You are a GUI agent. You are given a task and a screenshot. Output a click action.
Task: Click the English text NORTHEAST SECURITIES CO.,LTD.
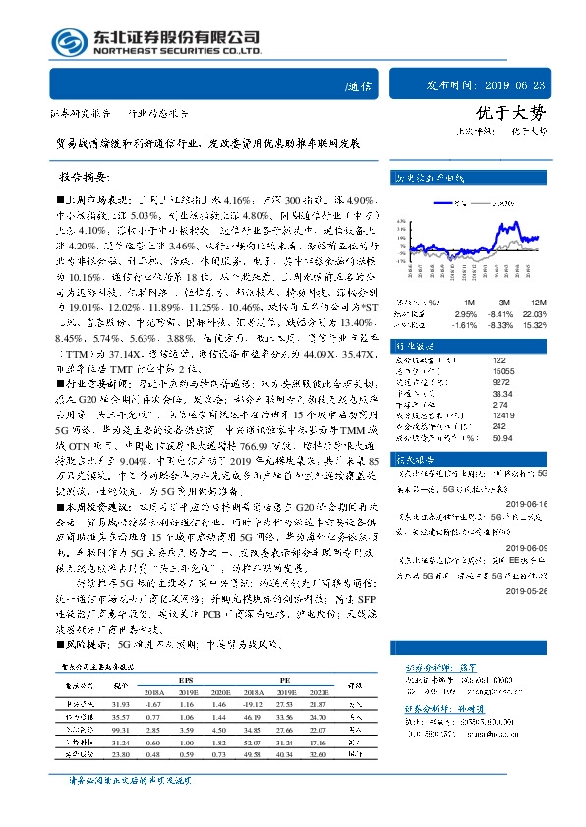coord(175,51)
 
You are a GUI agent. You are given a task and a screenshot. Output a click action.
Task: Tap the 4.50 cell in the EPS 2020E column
coord(220,733)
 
